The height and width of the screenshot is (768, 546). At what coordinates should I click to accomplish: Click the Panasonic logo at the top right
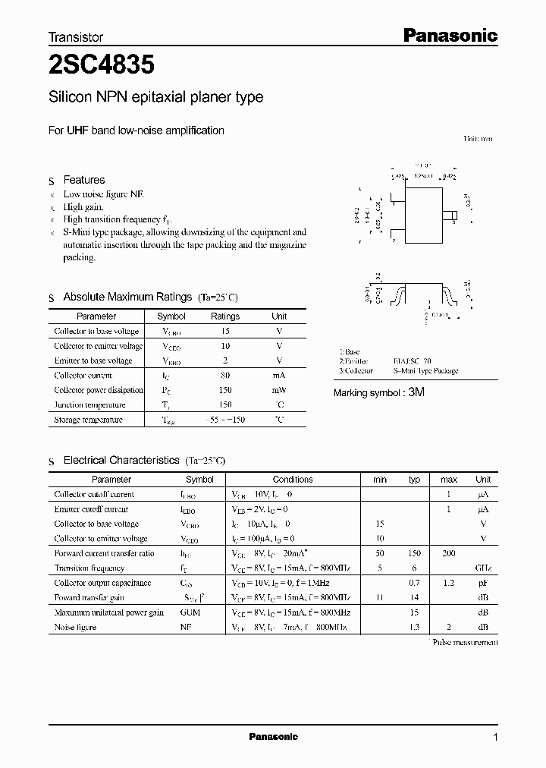[x=449, y=35]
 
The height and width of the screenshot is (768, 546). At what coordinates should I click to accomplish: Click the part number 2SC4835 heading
[x=102, y=65]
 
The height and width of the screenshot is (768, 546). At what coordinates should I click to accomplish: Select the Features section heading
[x=83, y=180]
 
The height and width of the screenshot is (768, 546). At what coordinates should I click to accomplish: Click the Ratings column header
[x=224, y=316]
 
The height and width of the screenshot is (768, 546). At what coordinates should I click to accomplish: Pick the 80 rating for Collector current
[x=225, y=376]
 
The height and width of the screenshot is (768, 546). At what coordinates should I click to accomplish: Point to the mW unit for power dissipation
[x=279, y=390]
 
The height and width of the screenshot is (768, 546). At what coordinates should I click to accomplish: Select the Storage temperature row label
[x=88, y=420]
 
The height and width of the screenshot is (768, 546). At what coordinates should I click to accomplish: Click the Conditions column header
[x=293, y=480]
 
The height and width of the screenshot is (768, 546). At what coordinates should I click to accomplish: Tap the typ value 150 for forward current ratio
[x=414, y=554]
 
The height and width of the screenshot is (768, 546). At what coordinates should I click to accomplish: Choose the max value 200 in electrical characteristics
[x=449, y=554]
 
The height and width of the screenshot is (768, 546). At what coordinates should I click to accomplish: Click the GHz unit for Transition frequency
[x=483, y=568]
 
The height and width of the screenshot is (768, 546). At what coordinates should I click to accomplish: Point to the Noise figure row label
[x=75, y=628]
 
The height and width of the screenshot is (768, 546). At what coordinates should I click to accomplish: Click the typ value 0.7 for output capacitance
[x=414, y=583]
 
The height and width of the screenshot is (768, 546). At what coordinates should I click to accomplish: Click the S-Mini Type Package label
[x=425, y=371]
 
